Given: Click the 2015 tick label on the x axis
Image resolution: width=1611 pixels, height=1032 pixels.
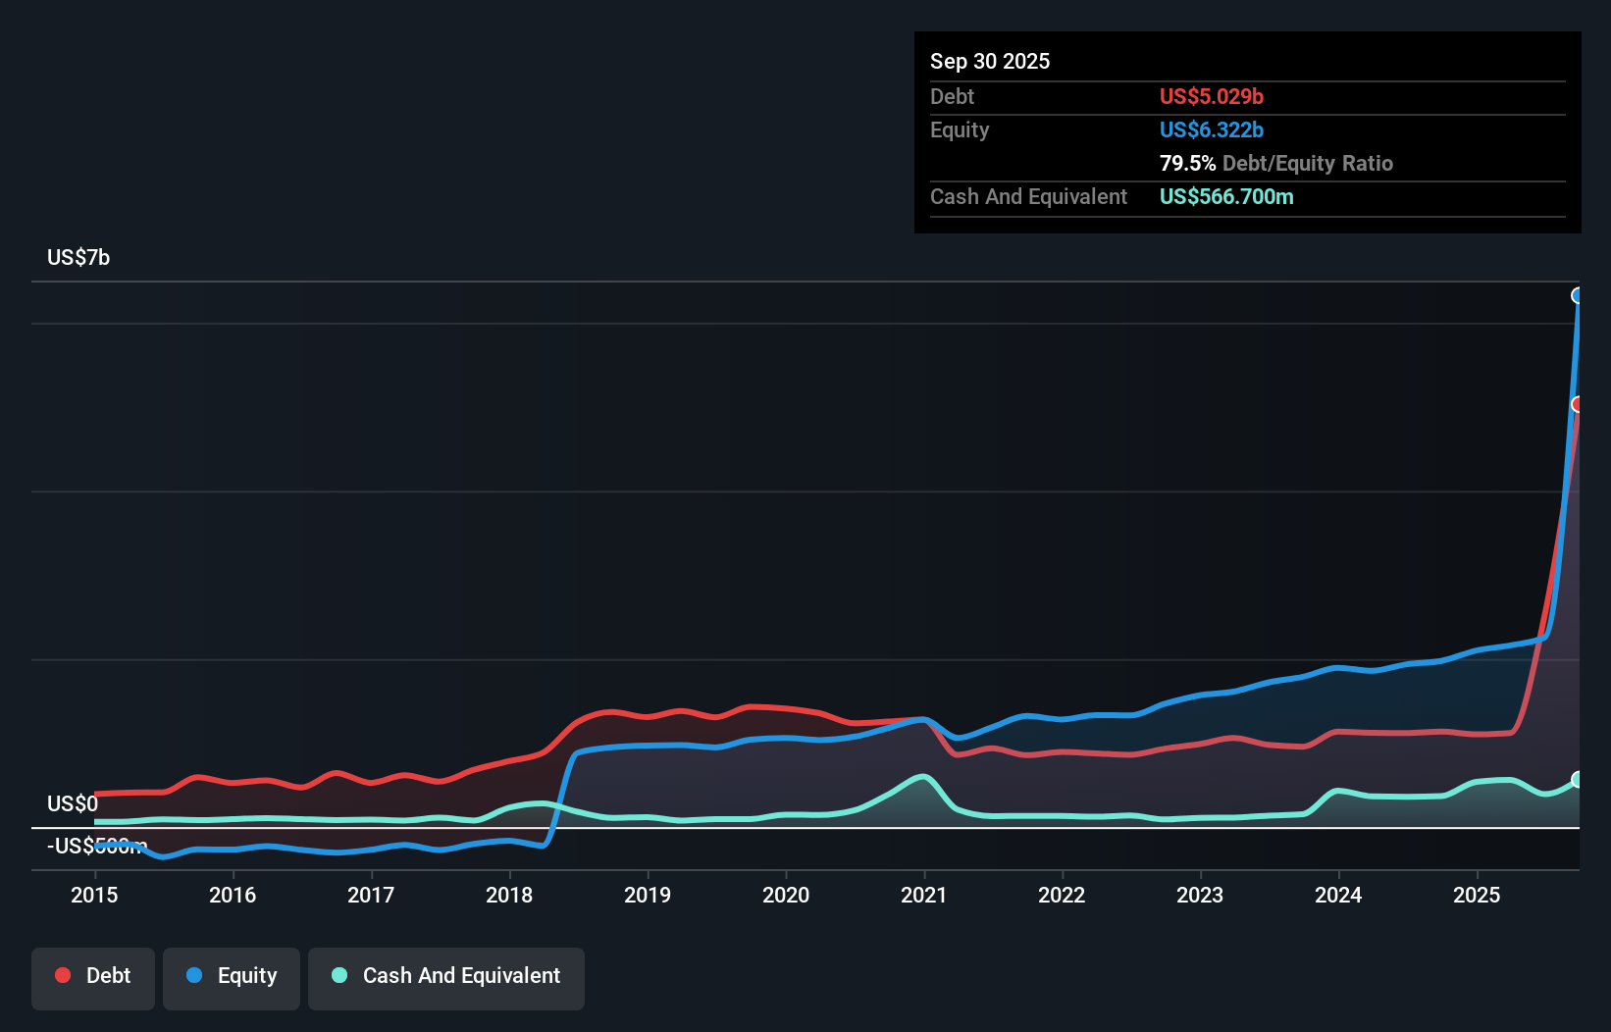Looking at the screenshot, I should [94, 895].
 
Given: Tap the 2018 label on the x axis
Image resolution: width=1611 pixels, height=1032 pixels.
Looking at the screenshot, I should [509, 895].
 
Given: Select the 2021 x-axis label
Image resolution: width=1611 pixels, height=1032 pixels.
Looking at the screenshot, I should [924, 895].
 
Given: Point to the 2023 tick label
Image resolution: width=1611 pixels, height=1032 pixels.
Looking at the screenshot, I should [1200, 895].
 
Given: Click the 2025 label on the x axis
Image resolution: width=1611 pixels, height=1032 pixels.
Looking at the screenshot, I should [1477, 895].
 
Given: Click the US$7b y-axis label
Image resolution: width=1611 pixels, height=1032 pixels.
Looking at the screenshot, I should [78, 258].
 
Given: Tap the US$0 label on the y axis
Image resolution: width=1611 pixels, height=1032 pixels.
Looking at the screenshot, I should [73, 804].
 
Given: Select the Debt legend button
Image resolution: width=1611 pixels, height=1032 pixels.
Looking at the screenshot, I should [93, 976].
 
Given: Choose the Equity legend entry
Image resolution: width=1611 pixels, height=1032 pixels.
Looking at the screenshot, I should [232, 976].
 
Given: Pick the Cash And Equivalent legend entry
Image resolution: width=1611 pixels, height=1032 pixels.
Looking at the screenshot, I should [446, 976].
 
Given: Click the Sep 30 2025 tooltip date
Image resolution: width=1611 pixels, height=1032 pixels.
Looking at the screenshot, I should [990, 62].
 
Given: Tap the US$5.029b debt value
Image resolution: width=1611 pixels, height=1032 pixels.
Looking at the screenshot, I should [1211, 97].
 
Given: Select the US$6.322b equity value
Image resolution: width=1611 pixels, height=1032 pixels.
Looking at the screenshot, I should [1211, 130].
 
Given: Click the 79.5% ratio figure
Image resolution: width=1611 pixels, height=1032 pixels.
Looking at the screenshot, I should [1187, 164].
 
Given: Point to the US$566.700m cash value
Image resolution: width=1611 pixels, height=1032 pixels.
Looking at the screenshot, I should [1226, 197].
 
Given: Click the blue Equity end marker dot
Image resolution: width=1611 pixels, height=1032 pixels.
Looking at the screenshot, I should [1578, 296].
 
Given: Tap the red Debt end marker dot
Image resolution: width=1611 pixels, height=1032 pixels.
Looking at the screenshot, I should [1578, 404].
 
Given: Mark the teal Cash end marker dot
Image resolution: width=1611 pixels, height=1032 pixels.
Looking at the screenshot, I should [1578, 780].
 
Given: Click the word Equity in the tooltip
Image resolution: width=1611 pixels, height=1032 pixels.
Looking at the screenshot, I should [960, 130].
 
